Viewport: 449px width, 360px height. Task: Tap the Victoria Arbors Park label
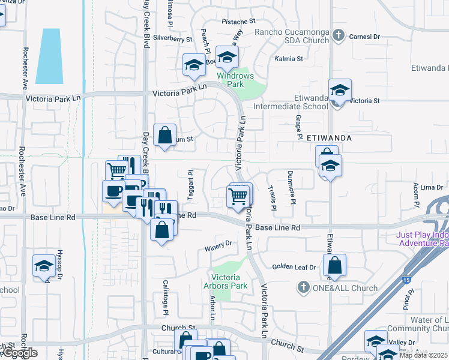click(x=226, y=281)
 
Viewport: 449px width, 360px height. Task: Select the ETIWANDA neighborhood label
click(x=328, y=137)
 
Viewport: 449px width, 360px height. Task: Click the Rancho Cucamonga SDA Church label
click(x=292, y=36)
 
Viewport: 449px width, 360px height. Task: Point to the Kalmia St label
click(x=288, y=59)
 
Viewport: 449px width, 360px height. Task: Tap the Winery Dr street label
click(x=218, y=244)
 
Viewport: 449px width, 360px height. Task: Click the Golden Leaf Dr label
click(x=294, y=267)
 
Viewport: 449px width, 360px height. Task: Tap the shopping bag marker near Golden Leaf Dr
click(x=334, y=265)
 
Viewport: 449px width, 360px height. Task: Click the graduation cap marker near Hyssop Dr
click(x=44, y=265)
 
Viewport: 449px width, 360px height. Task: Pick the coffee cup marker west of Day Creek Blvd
click(x=113, y=191)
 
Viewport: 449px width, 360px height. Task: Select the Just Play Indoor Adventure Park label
click(x=422, y=240)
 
